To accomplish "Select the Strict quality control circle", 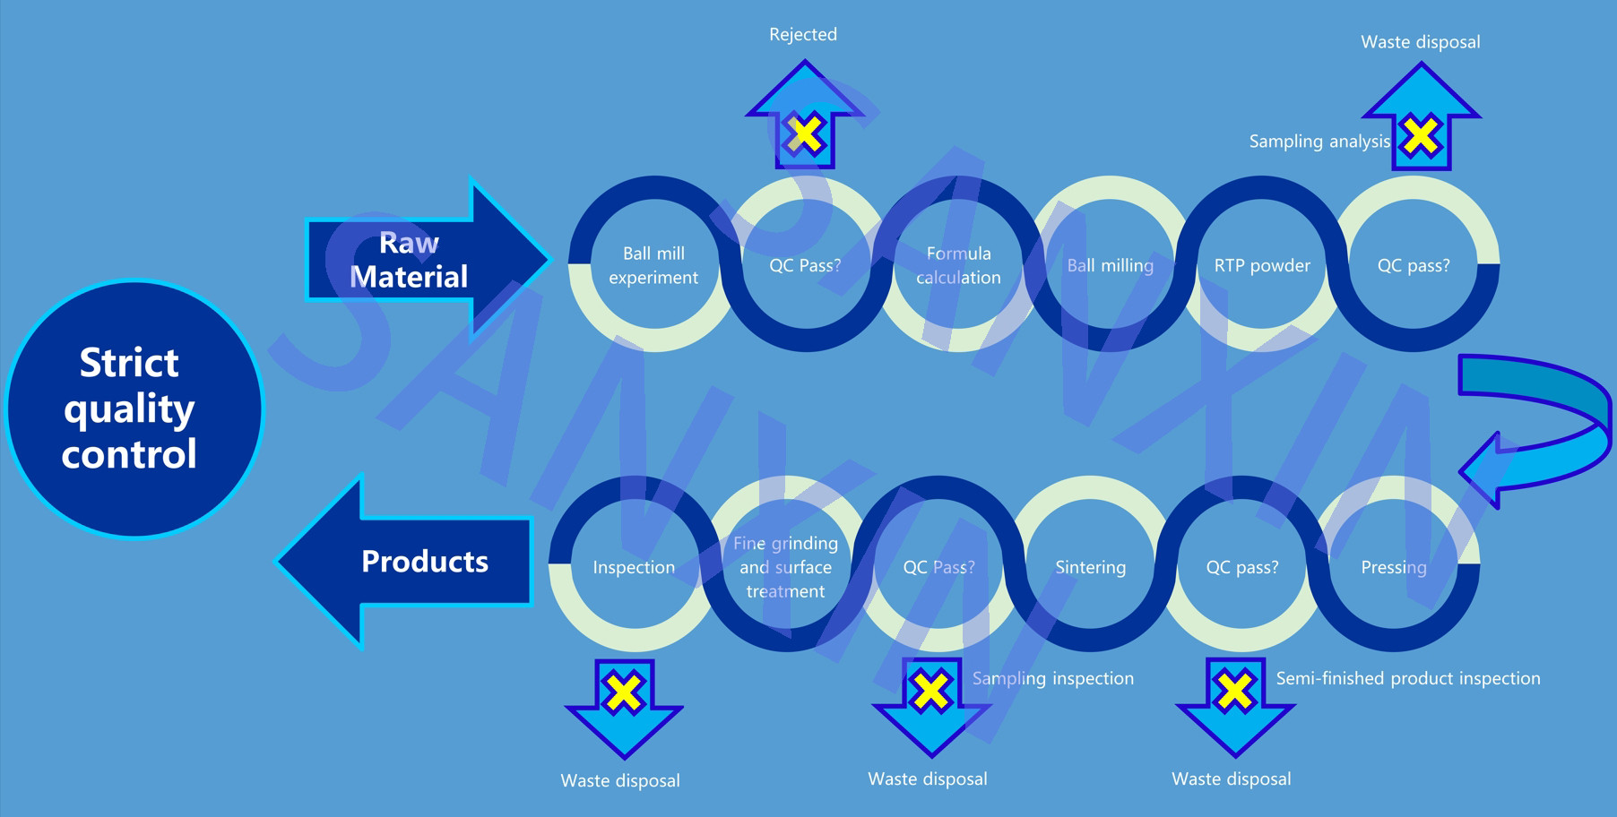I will (x=133, y=408).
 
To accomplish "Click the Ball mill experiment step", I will (x=653, y=265).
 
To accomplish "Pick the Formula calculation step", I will (x=958, y=265).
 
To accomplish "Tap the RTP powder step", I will (x=1262, y=265).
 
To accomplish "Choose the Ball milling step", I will (x=1110, y=265).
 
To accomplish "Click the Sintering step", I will (x=1090, y=567).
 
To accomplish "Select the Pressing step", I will (x=1394, y=567).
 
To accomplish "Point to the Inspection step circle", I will (x=634, y=567).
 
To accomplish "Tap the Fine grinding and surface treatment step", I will (x=785, y=567).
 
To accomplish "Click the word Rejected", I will (x=803, y=35).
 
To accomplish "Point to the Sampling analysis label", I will (x=1319, y=142).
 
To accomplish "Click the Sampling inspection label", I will (x=1053, y=679).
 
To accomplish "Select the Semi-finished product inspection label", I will (x=1408, y=679).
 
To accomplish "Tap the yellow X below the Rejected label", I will (x=805, y=134).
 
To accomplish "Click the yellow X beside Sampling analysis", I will (x=1421, y=137).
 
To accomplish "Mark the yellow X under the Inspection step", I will (x=624, y=692).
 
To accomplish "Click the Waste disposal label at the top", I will (x=1421, y=42).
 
